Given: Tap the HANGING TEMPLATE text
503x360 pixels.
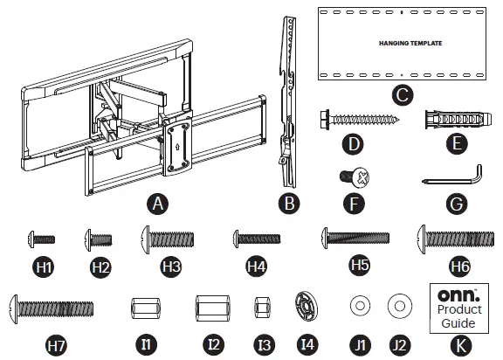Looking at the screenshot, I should (x=398, y=41).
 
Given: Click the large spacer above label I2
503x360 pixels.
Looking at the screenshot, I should (x=210, y=308).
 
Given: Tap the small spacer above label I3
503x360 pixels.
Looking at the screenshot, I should (x=259, y=308).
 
